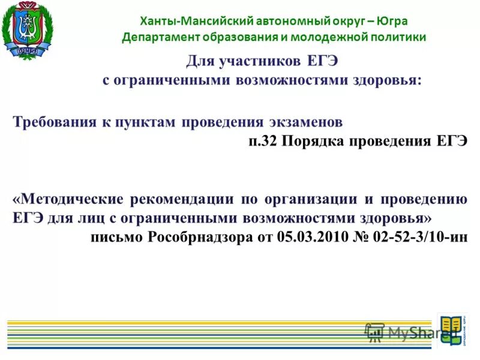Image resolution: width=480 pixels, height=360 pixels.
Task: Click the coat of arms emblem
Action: point(27,31)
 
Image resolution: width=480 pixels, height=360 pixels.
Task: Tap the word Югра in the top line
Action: point(393,21)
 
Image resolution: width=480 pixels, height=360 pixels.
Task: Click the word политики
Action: point(397,37)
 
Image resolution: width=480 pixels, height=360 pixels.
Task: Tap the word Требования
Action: point(55,122)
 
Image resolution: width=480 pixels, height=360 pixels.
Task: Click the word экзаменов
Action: point(305,122)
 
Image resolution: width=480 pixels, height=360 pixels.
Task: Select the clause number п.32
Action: point(262,142)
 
